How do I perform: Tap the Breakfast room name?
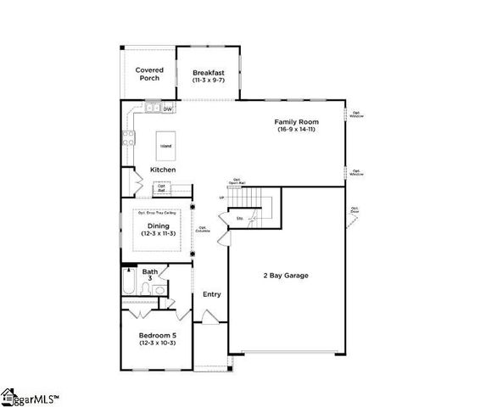click(x=208, y=72)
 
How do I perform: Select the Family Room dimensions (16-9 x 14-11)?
click(x=297, y=129)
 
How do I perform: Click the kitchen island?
click(x=165, y=145)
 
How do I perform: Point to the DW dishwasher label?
click(x=168, y=109)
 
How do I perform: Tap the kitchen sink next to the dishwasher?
click(x=153, y=109)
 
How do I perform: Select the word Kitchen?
click(x=163, y=170)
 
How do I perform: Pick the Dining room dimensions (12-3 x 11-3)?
click(x=158, y=234)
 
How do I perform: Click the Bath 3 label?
click(x=150, y=274)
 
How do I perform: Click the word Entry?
click(x=211, y=294)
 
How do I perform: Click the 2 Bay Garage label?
click(x=285, y=276)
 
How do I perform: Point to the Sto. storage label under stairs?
click(x=240, y=218)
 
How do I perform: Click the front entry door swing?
click(x=206, y=317)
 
